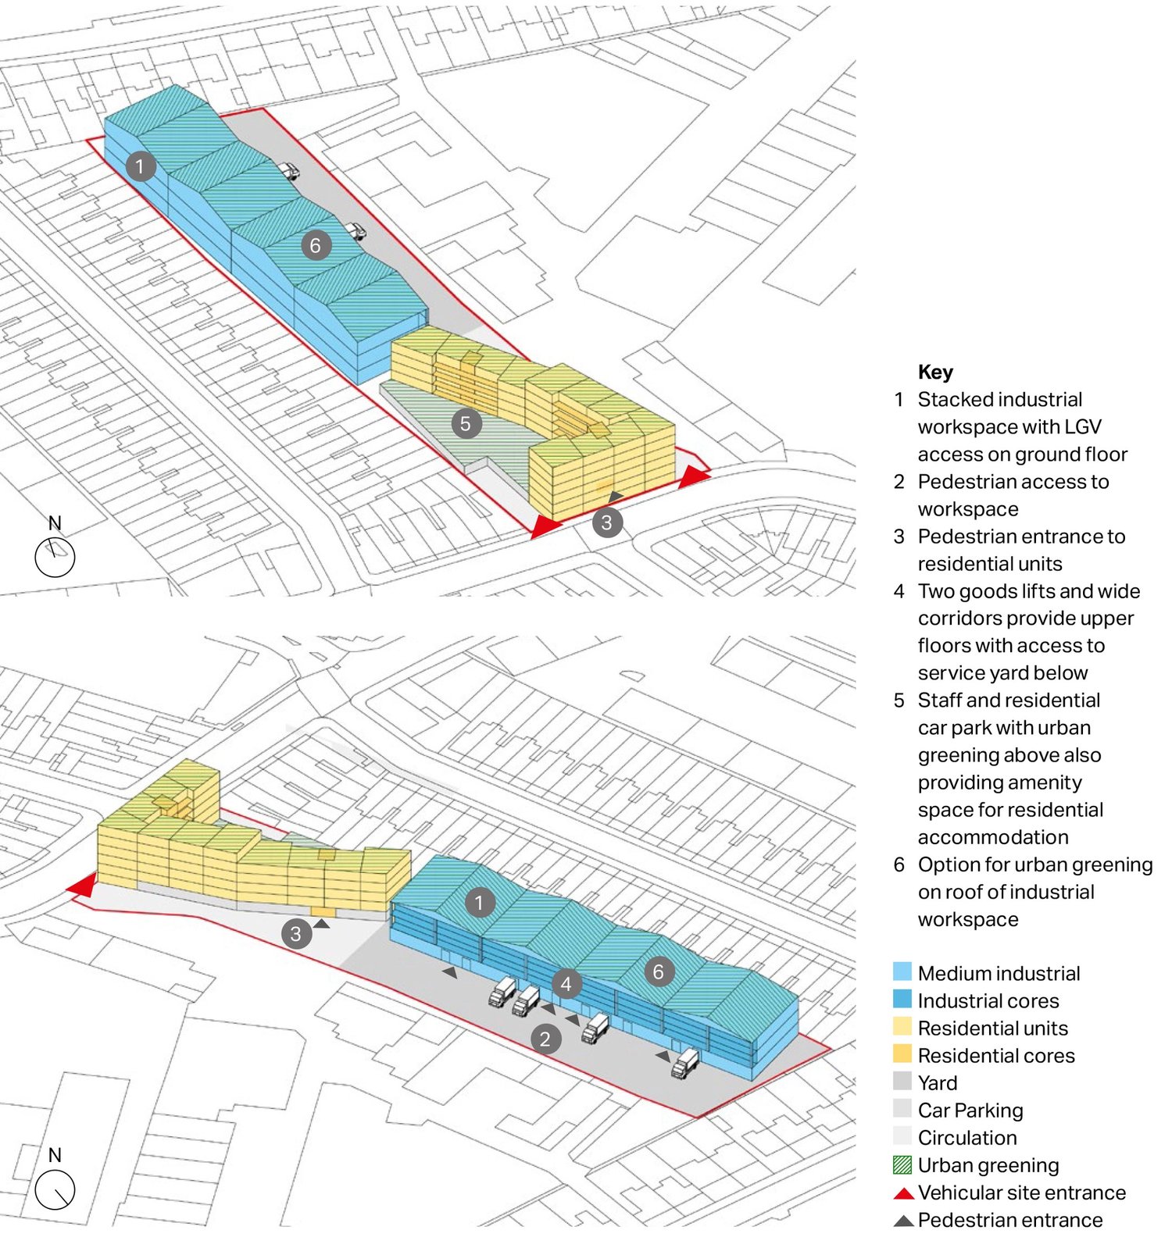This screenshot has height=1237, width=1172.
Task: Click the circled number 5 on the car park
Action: tap(465, 424)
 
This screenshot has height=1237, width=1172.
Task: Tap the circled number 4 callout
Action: tap(566, 984)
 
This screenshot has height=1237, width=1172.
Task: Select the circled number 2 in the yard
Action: tap(545, 1039)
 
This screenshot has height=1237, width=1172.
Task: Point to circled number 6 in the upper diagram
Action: tap(315, 246)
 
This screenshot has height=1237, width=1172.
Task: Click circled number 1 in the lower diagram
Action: tap(479, 903)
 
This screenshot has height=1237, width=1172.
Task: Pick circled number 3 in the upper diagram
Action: tap(607, 522)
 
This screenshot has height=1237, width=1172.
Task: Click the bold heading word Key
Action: tap(935, 372)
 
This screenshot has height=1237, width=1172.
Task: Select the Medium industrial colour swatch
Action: tap(902, 972)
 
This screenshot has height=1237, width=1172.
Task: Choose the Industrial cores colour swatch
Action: tap(902, 1000)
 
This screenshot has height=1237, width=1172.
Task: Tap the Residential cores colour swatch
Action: tap(902, 1054)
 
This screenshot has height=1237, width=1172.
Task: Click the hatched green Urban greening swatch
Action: tap(902, 1164)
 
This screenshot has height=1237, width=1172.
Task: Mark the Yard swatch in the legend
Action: tap(902, 1082)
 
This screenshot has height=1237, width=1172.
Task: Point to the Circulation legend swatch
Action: tap(902, 1137)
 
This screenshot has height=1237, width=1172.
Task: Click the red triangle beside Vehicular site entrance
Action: tap(903, 1193)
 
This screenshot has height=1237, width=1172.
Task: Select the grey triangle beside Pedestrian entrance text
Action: tap(903, 1221)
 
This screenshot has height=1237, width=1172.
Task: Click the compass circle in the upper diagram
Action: tap(55, 558)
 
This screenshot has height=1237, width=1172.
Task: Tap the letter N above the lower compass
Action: tap(55, 1154)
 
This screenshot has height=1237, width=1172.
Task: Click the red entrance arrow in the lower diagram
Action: tap(83, 886)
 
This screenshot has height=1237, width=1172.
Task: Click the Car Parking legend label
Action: tap(970, 1110)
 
